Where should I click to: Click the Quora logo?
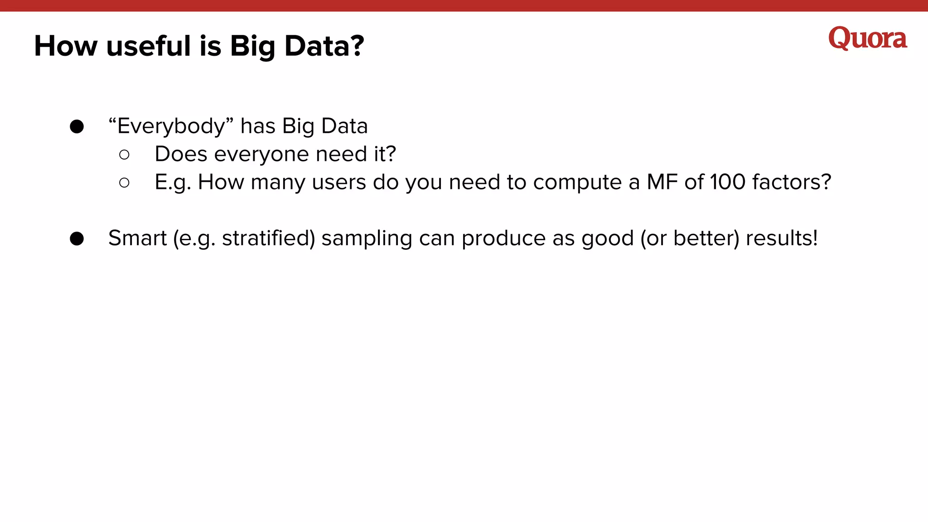867,39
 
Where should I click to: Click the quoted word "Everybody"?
171,126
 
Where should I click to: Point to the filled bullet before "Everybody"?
77,126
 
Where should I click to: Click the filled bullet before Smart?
77,239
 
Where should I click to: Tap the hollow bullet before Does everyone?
124,155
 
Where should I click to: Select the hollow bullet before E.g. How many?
124,183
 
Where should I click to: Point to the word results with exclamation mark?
781,238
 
